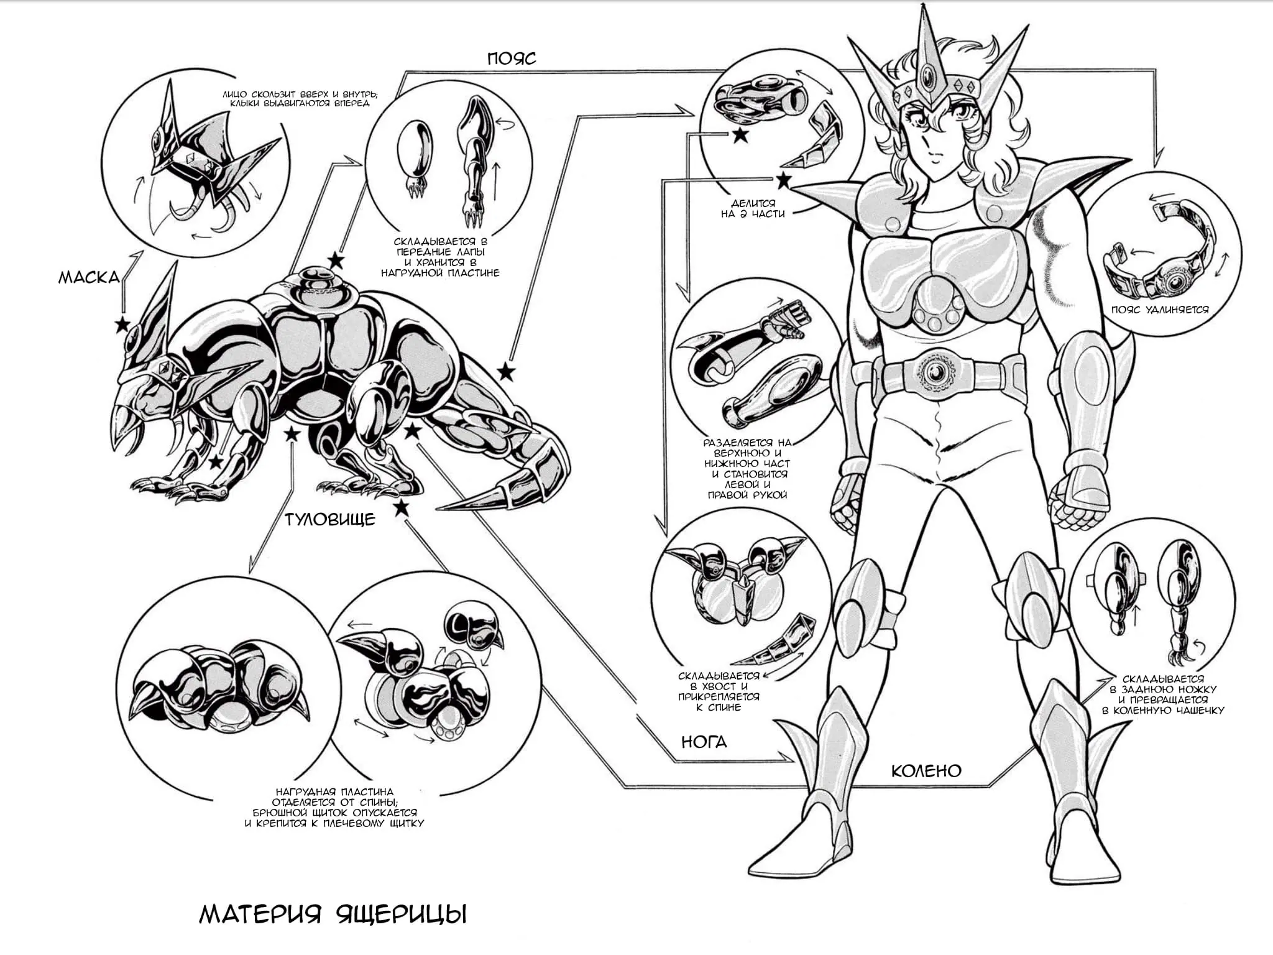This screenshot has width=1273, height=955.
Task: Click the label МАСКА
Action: point(89,277)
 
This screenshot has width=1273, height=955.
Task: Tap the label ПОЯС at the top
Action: point(512,58)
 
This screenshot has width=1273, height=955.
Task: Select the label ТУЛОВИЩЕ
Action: point(330,519)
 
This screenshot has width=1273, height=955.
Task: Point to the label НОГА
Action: point(704,742)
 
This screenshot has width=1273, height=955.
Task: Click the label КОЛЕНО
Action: point(926,771)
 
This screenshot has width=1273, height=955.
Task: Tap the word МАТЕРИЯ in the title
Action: point(260,915)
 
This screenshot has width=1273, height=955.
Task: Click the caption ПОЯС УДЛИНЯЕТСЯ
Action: point(1160,310)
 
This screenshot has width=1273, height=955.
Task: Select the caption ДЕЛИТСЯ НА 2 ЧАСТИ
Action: point(753,209)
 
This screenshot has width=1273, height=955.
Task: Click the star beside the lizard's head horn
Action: point(122,325)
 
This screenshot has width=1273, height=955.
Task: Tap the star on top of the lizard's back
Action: point(336,261)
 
